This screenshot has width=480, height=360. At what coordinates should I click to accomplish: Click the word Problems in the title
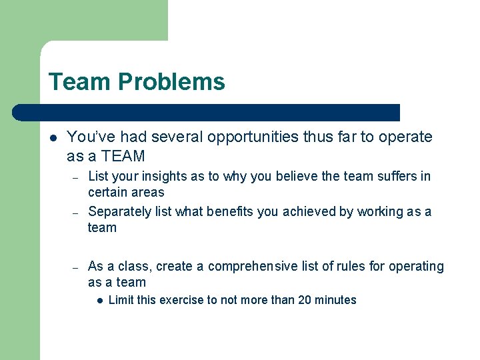coord(171,82)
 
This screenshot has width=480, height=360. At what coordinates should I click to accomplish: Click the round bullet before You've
coord(52,138)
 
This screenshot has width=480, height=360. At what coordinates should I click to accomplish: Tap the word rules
coord(351,267)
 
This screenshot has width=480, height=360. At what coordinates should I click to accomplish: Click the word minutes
coord(335,300)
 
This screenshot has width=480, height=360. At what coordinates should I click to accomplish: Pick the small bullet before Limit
coord(98,301)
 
